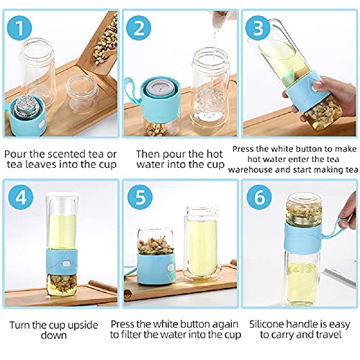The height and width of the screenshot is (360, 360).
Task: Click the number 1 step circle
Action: click(x=22, y=30)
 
